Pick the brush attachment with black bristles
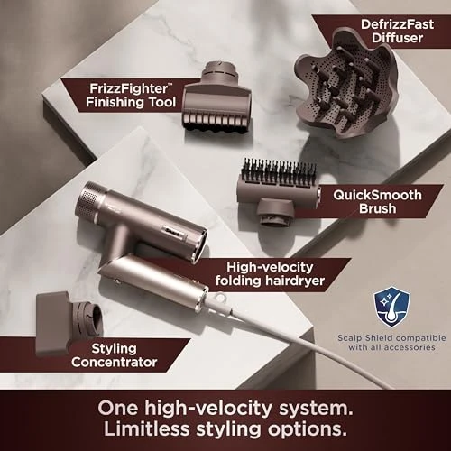pos(275,189)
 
